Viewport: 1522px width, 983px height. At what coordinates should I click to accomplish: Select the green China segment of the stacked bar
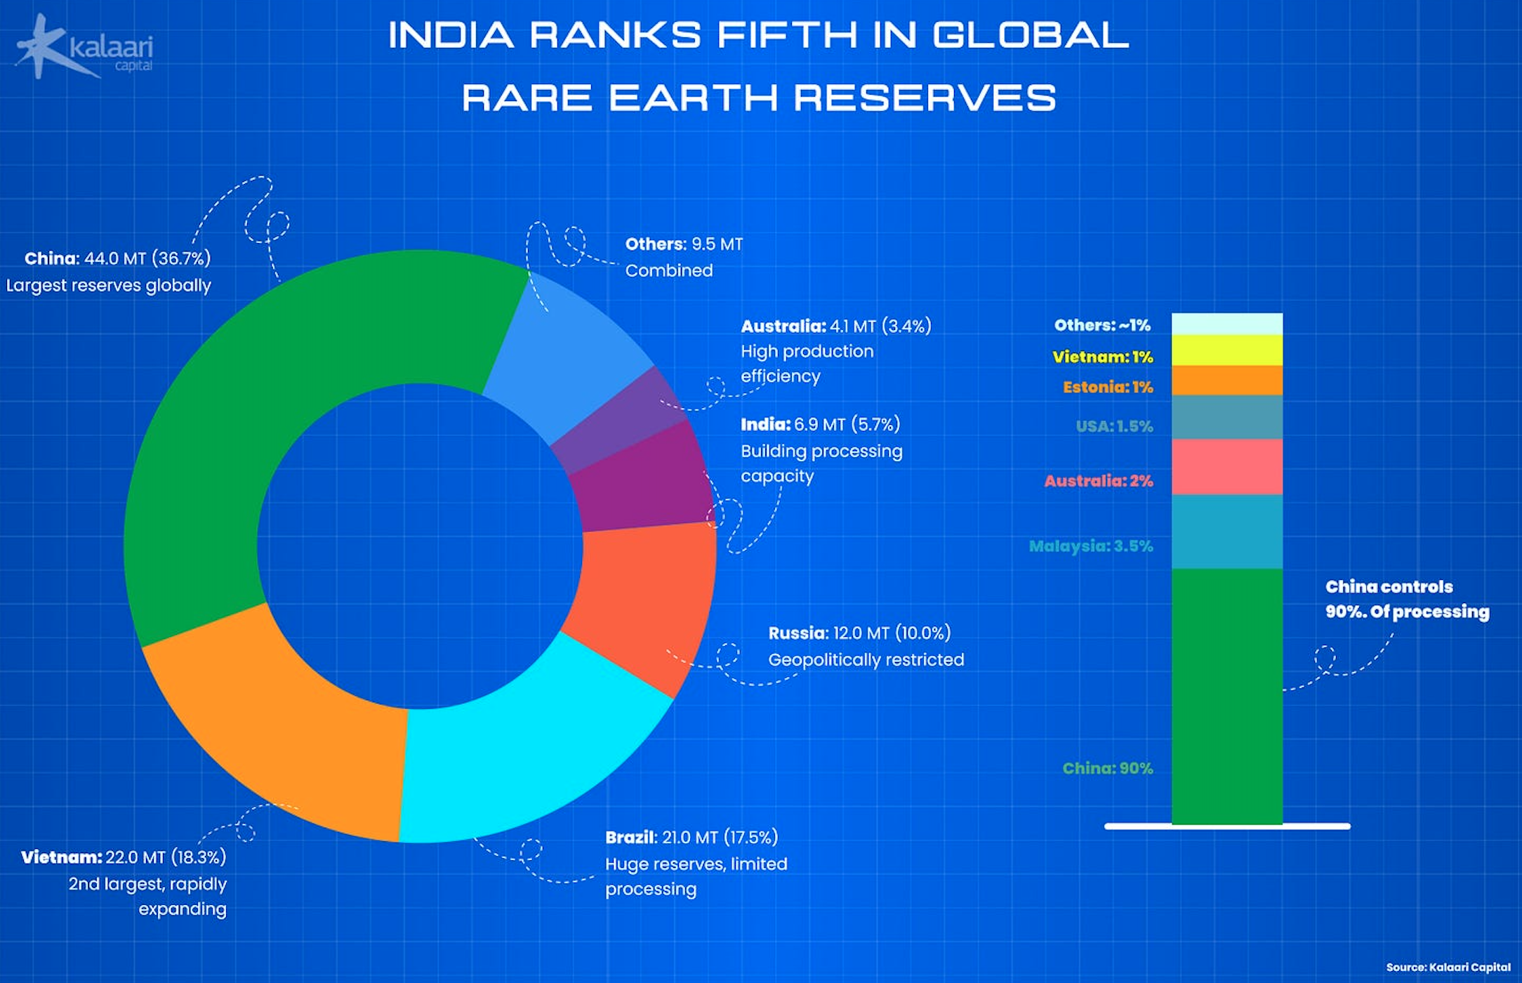coord(1226,695)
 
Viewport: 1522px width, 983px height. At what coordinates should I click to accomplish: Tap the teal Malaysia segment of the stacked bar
coord(1226,532)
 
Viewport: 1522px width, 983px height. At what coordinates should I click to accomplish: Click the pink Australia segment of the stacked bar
coord(1226,467)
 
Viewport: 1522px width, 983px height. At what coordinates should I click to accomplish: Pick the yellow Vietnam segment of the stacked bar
coord(1226,350)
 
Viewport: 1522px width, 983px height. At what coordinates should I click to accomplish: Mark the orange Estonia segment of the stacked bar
coord(1226,380)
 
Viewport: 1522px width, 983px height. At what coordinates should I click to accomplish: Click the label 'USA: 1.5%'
coord(1114,426)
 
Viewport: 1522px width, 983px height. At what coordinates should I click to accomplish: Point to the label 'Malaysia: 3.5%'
coord(1090,546)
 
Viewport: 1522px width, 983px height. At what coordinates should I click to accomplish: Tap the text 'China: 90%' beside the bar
coord(1107,768)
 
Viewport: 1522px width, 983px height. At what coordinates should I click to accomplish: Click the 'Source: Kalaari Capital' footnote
coord(1448,967)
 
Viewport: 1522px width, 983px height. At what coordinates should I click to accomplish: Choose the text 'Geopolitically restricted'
coord(866,660)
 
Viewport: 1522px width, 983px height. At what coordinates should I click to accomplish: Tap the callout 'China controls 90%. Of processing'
coord(1406,599)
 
